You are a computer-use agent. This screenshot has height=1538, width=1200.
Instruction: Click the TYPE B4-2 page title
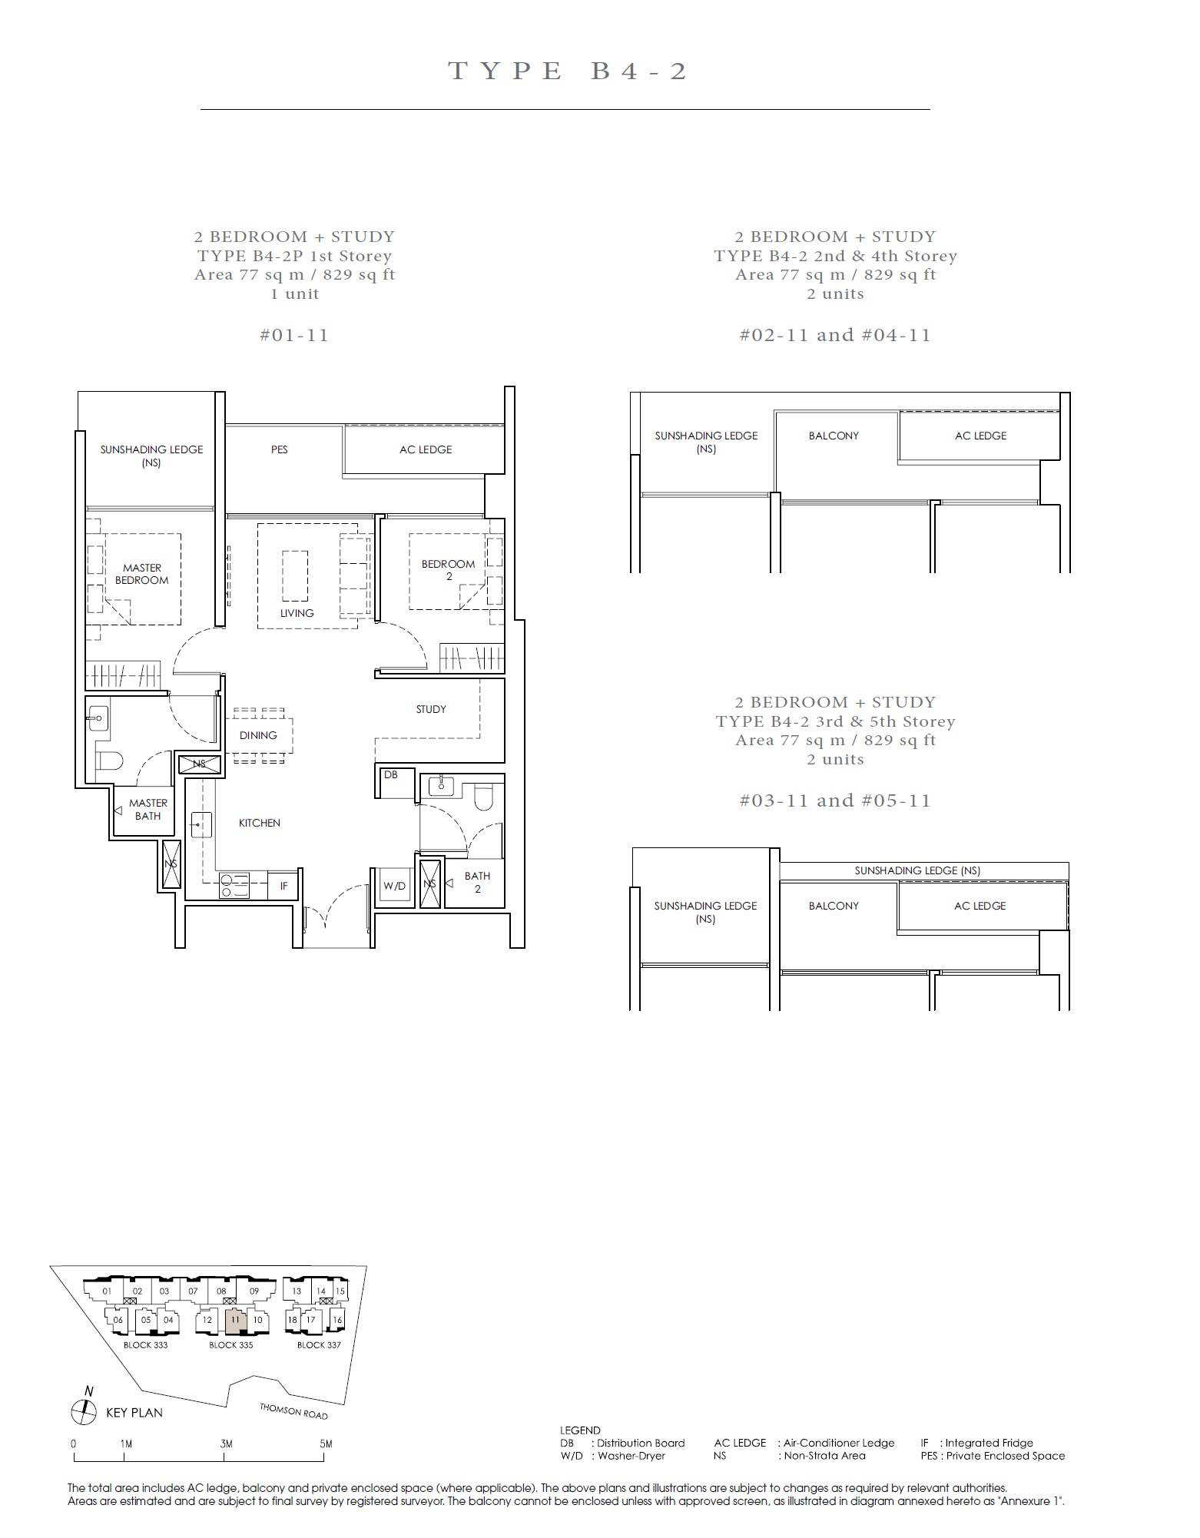pyautogui.click(x=567, y=71)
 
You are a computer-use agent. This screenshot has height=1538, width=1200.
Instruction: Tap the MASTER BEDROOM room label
pyautogui.click(x=142, y=574)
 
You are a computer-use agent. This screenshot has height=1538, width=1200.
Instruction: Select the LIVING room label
pyautogui.click(x=297, y=613)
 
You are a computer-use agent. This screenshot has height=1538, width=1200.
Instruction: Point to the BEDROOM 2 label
pyautogui.click(x=448, y=570)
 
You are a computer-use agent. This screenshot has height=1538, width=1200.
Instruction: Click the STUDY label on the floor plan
pyautogui.click(x=431, y=709)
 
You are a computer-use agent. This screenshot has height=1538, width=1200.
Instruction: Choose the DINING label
pyautogui.click(x=258, y=735)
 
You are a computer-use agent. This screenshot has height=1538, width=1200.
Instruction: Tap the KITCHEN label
pyautogui.click(x=260, y=823)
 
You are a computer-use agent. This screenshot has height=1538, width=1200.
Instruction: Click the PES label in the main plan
pyautogui.click(x=280, y=449)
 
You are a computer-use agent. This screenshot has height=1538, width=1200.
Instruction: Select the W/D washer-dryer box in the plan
pyautogui.click(x=395, y=887)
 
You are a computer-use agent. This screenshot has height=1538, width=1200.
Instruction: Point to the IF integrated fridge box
pyautogui.click(x=283, y=885)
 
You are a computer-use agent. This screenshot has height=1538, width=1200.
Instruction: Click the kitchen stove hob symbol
pyautogui.click(x=234, y=886)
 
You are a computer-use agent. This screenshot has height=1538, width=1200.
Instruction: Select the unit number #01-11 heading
pyautogui.click(x=294, y=335)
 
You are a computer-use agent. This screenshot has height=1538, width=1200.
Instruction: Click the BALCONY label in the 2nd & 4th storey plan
pyautogui.click(x=834, y=436)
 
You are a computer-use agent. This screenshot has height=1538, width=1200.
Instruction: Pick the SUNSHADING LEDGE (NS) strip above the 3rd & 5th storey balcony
pyautogui.click(x=924, y=871)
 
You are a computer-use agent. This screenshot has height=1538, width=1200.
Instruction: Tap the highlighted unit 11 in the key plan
pyautogui.click(x=235, y=1321)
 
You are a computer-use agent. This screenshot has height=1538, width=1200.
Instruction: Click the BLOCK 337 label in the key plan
pyautogui.click(x=319, y=1344)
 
